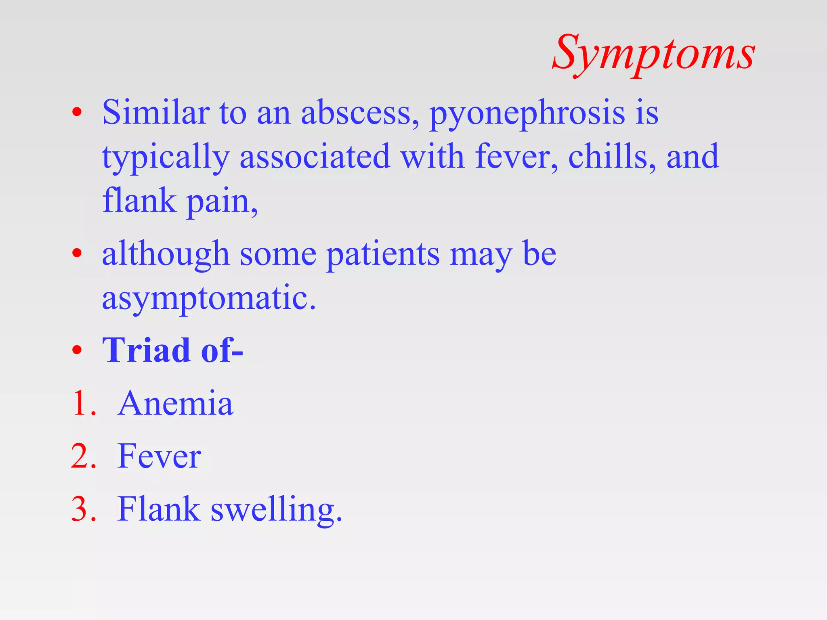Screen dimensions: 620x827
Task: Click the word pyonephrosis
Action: point(527,113)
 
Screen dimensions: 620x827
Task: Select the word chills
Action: point(611,157)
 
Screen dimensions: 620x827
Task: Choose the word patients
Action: point(382,254)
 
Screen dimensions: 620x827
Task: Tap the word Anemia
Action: point(176,403)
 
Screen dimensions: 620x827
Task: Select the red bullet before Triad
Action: point(77,350)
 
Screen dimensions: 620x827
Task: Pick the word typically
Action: point(166,157)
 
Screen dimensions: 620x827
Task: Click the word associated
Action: point(315,157)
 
